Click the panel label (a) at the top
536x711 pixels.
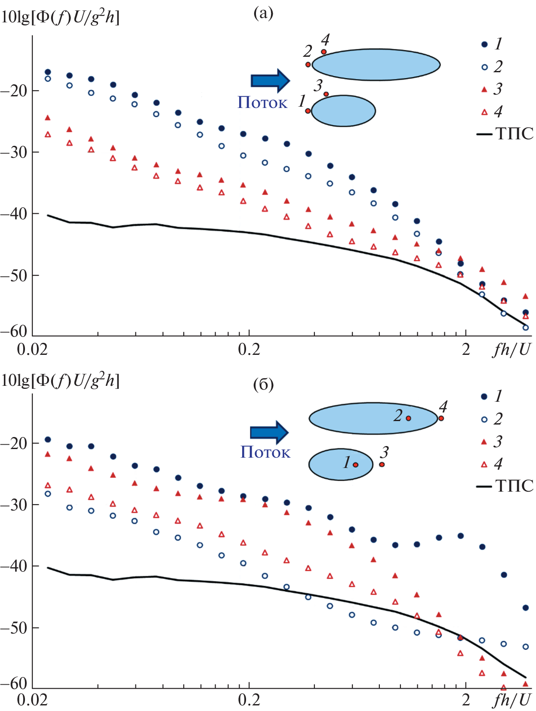[263, 14]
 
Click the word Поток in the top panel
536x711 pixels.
[262, 102]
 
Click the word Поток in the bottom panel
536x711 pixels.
[265, 452]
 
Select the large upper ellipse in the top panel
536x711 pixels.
[376, 65]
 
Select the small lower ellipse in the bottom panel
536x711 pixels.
[341, 465]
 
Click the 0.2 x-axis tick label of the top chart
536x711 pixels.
[249, 349]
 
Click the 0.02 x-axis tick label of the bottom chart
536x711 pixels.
[32, 700]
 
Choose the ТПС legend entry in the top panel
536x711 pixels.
[505, 134]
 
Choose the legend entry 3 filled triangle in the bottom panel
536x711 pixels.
[491, 441]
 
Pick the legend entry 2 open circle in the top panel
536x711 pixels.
[491, 67]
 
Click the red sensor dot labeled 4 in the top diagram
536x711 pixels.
[323, 52]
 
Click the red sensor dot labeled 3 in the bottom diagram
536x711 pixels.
[382, 464]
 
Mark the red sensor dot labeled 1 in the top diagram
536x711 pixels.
[308, 111]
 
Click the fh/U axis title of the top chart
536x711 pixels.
[512, 349]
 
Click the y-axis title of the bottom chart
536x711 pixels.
[60, 381]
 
